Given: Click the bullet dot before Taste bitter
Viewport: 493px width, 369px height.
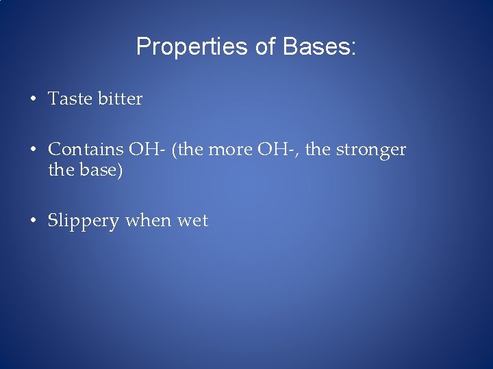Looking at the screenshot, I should (x=33, y=99).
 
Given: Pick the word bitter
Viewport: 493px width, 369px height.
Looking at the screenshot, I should (x=120, y=99).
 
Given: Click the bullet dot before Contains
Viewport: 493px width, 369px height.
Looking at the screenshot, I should (x=33, y=150).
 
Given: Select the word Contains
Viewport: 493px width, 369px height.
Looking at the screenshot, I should (x=86, y=150).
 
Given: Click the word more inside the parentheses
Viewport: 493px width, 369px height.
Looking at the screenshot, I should (x=229, y=150).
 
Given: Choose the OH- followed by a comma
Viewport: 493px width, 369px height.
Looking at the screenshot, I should (x=279, y=150).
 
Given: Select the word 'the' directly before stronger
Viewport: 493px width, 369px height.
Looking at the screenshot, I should (x=317, y=150).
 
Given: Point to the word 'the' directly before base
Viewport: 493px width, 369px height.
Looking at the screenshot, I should (x=61, y=169).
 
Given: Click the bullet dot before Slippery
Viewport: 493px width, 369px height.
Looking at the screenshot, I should (x=33, y=221).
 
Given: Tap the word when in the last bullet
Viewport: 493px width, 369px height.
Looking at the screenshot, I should (x=149, y=221).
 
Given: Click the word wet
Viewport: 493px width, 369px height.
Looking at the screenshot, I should (x=192, y=221).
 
